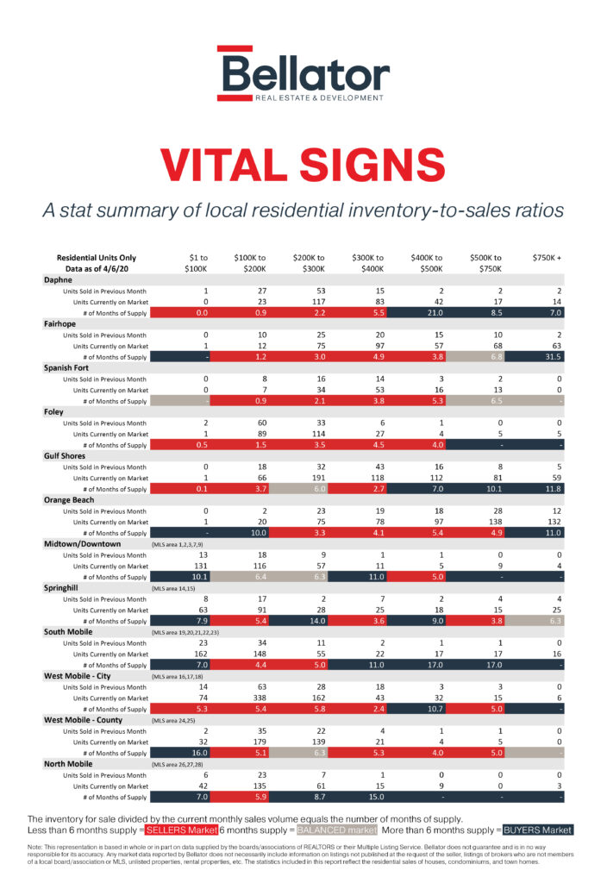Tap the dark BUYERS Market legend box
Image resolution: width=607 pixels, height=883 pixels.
pos(537,830)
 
